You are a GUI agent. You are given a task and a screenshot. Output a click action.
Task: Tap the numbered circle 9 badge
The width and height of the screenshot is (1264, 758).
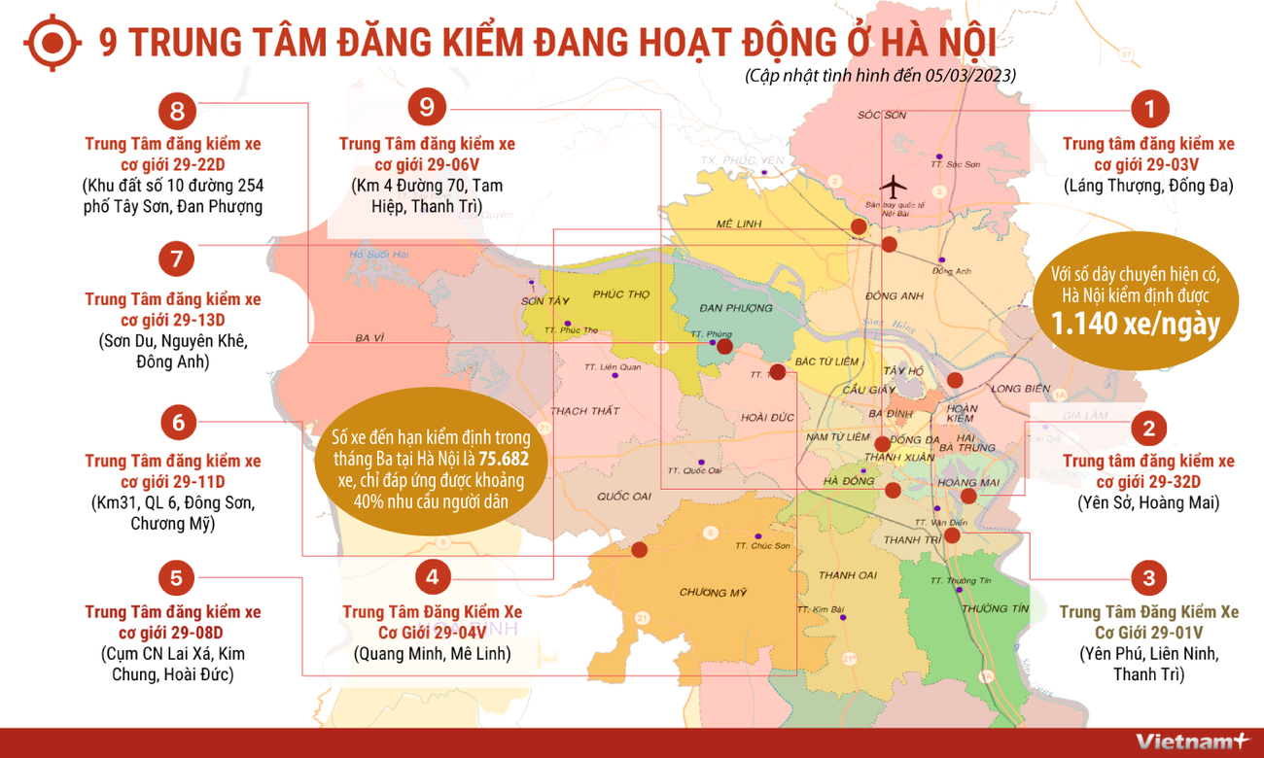click(427, 107)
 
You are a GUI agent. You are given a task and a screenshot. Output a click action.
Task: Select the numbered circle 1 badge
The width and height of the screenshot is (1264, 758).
click(1149, 109)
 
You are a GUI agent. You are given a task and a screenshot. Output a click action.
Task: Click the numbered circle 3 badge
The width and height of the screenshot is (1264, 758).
click(1149, 579)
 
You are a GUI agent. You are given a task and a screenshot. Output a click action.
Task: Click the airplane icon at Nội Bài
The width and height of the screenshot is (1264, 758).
click(891, 185)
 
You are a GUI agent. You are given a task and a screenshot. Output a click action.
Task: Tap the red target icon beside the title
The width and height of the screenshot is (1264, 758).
click(51, 42)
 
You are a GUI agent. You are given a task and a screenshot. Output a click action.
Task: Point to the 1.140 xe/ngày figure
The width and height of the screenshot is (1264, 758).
click(1135, 325)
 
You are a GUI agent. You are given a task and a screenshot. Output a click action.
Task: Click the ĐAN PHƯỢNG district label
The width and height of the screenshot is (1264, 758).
click(736, 308)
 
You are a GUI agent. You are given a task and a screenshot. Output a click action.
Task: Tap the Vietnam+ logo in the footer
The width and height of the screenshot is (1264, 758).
click(1192, 741)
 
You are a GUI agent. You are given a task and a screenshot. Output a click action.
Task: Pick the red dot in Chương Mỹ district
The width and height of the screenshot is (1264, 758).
click(639, 549)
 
